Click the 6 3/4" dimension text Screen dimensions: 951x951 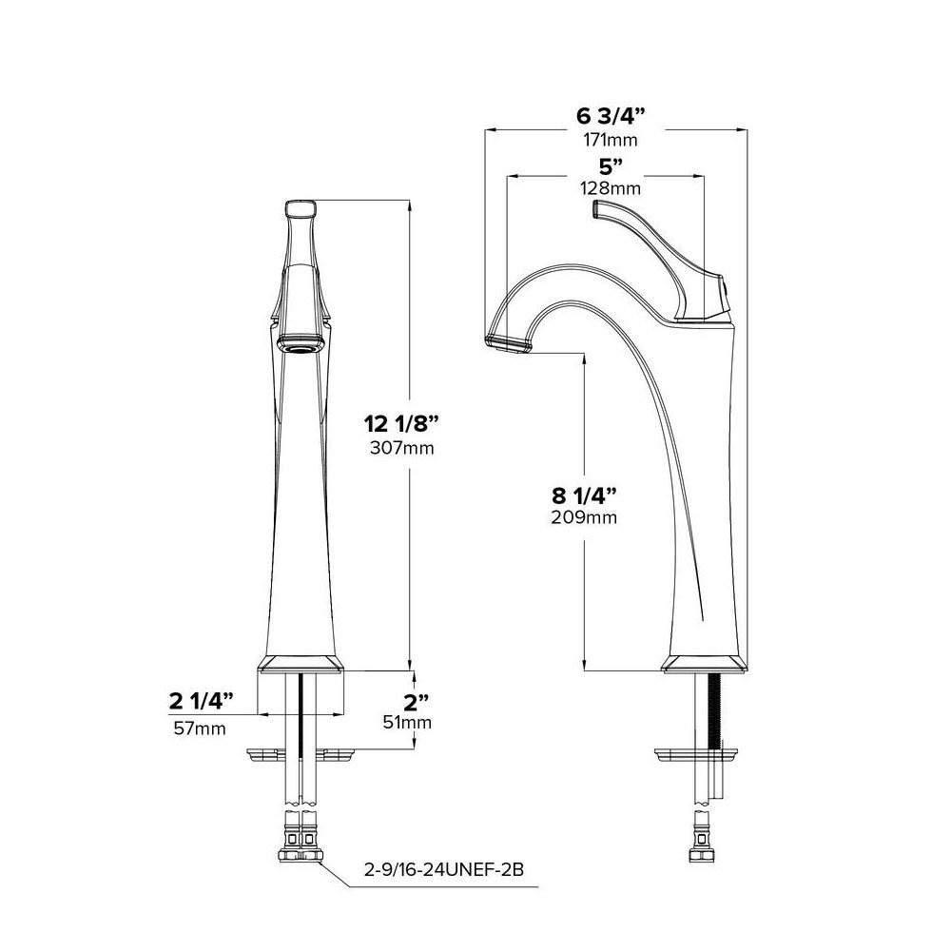pos(611,117)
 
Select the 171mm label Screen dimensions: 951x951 pos(611,140)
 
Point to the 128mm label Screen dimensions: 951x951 pos(611,188)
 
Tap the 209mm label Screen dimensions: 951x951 pos(584,518)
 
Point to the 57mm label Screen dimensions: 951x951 pos(199,728)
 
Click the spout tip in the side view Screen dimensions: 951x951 pos(509,340)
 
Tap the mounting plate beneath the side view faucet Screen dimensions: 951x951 pos(696,757)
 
